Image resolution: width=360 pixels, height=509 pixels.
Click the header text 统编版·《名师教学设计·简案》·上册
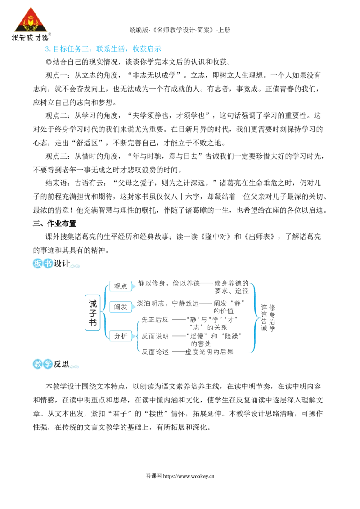(180, 30)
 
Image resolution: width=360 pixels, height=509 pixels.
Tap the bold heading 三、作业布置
(54, 223)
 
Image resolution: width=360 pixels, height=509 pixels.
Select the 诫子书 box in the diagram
(93, 313)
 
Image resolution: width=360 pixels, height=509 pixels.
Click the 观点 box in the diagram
(121, 286)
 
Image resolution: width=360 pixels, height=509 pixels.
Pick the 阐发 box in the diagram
(121, 307)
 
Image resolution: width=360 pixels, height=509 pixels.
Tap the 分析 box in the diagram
(121, 336)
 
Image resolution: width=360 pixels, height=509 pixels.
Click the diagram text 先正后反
(155, 320)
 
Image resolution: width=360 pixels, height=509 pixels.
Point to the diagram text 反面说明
(155, 336)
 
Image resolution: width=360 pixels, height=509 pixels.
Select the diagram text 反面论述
(155, 352)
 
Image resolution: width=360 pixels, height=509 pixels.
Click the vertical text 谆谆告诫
(264, 318)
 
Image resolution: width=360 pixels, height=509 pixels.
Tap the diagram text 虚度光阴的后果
(209, 352)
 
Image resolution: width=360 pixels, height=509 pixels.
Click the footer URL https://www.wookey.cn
(189, 476)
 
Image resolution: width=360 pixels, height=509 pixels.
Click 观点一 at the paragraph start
(56, 75)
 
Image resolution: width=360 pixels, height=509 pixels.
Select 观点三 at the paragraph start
(56, 156)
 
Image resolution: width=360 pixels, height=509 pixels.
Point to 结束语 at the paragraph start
(56, 183)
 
